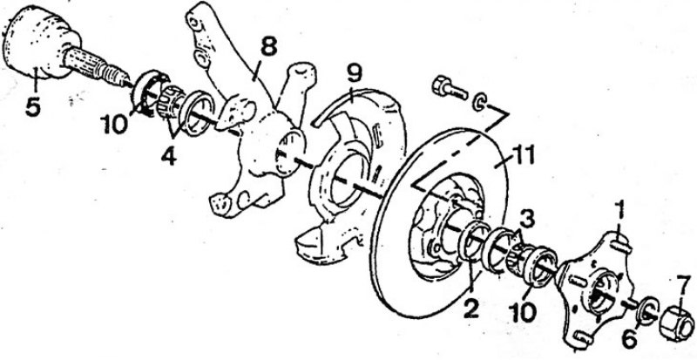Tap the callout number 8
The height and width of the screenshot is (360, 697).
click(268, 46)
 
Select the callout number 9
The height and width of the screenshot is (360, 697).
click(354, 74)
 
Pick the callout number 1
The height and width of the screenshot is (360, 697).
click(619, 211)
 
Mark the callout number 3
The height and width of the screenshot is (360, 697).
click(526, 220)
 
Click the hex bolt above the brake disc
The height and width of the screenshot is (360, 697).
click(449, 88)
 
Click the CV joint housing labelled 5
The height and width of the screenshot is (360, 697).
click(37, 44)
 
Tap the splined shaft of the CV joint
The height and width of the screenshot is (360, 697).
click(96, 67)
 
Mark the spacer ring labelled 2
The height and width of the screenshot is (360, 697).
click(472, 241)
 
